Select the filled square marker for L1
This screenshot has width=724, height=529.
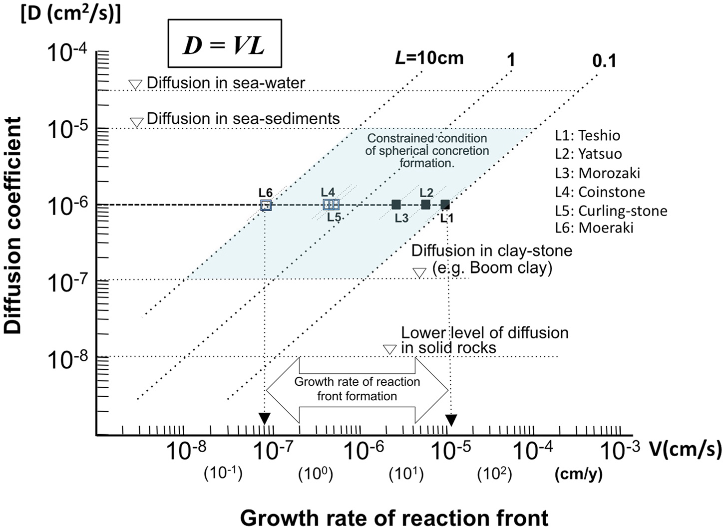pyautogui.click(x=445, y=204)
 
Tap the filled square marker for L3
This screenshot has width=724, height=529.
pyautogui.click(x=396, y=204)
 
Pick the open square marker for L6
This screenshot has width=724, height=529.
pyautogui.click(x=266, y=205)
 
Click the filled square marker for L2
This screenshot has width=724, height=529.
pyautogui.click(x=425, y=204)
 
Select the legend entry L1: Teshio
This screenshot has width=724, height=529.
pyautogui.click(x=587, y=135)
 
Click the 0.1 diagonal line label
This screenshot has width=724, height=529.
pyautogui.click(x=604, y=61)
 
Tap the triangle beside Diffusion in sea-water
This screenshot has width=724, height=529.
pyautogui.click(x=135, y=84)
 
